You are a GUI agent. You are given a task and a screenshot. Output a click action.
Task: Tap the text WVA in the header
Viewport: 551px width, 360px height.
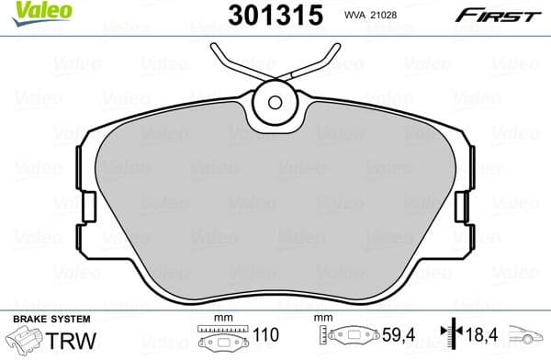(356, 16)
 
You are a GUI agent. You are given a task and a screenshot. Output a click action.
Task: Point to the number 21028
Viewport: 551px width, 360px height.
(389, 16)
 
